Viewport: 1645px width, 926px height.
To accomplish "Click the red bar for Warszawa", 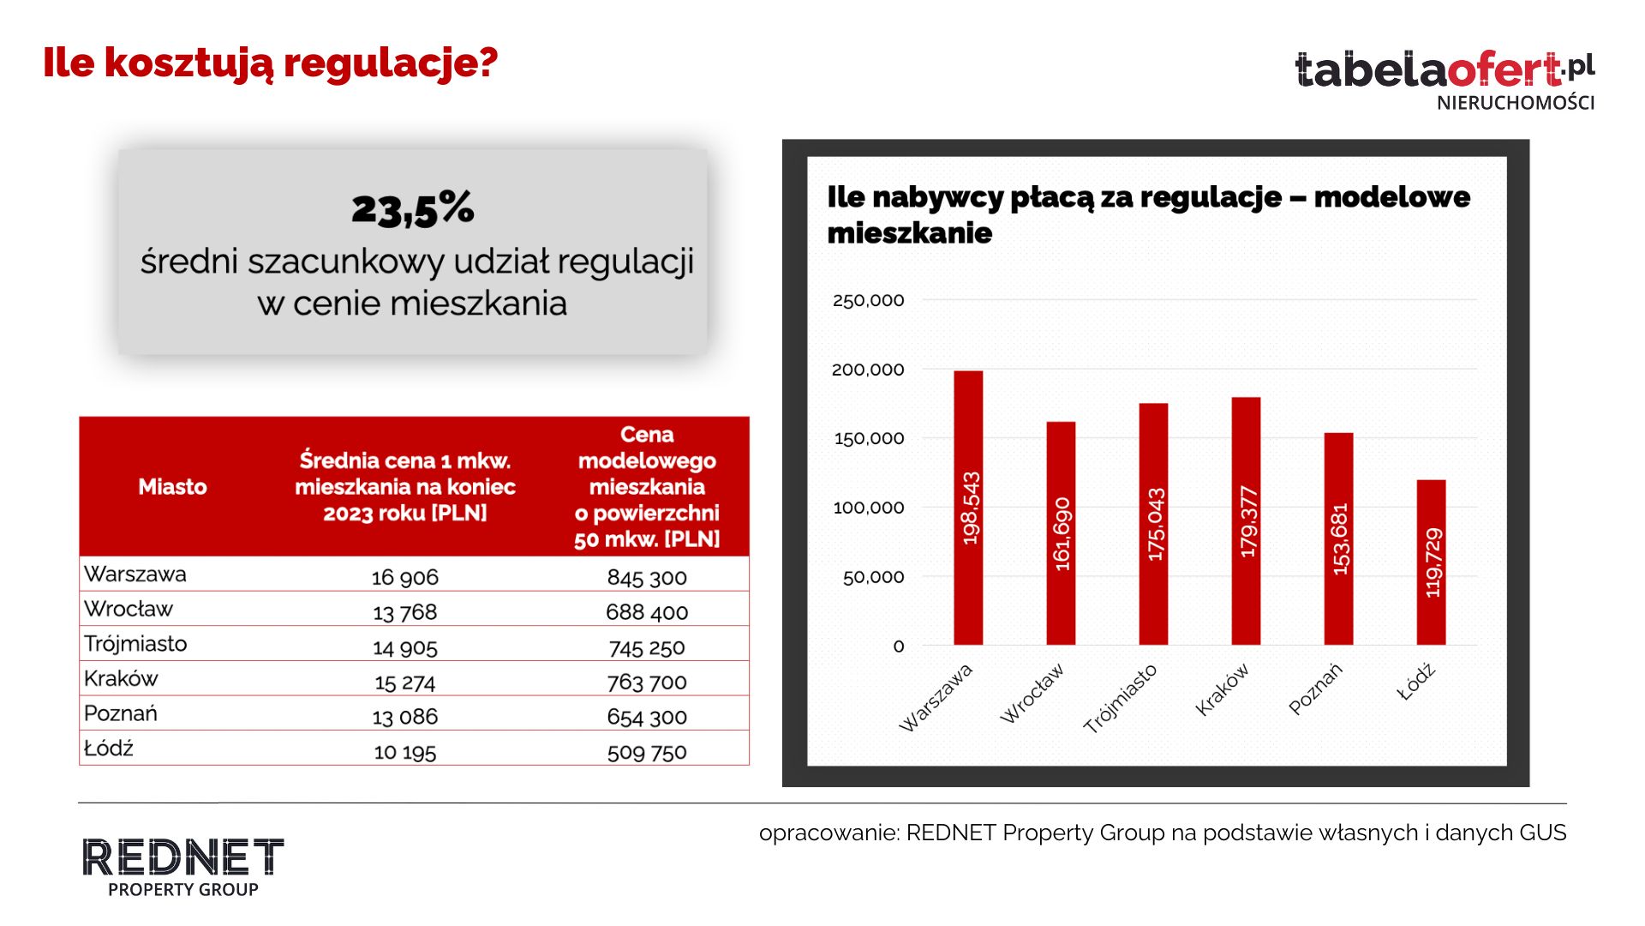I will pos(968,508).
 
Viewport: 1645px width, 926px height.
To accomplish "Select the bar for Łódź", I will pos(1431,562).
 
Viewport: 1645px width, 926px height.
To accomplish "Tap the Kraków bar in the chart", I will pos(1246,521).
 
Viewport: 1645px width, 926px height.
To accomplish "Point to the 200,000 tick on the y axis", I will pos(868,370).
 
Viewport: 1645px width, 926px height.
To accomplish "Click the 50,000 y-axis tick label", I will pos(873,577).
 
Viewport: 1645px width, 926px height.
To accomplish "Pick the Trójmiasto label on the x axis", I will pos(1121,698).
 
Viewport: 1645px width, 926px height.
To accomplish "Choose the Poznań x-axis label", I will pos(1315,688).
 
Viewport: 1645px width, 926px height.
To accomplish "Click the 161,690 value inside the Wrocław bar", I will pos(1062,534).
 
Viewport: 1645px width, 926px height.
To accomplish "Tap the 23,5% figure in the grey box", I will pos(413,209).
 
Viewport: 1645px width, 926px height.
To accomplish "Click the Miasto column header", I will pos(173,487).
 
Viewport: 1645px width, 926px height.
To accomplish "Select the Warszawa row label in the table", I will pos(135,574).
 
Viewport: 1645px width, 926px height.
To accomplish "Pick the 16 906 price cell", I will pos(404,577).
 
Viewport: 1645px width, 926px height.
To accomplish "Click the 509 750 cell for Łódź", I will pos(647,752).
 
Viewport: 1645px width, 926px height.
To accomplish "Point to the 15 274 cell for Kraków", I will pos(404,682).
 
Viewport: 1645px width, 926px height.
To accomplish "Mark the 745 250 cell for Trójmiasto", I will pos(647,647).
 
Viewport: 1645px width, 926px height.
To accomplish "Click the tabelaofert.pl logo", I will pos(1444,70).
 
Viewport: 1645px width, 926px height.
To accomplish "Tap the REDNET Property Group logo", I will pos(182,866).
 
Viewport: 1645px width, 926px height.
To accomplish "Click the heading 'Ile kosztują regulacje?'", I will pos(271,63).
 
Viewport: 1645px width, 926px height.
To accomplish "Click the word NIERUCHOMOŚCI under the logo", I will pos(1516,103).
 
